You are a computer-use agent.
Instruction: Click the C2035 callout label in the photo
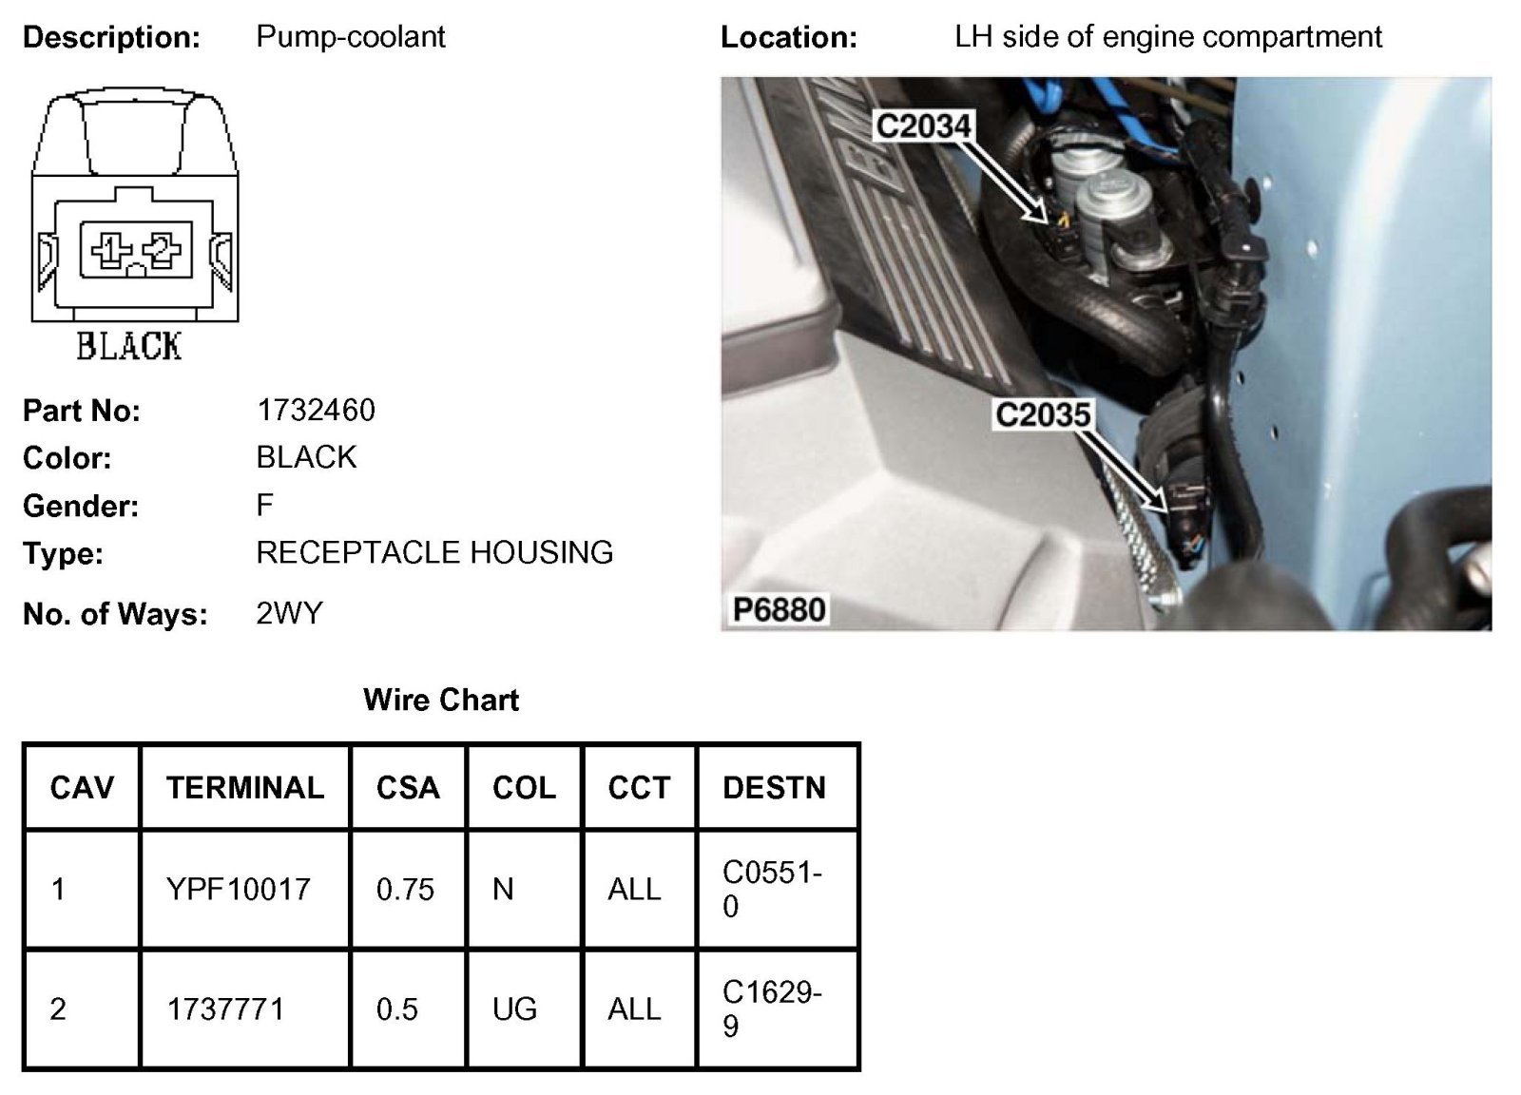(x=1043, y=414)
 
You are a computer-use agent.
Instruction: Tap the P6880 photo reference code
(x=779, y=609)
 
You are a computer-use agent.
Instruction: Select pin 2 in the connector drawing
(x=162, y=249)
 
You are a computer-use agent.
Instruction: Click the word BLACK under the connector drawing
(x=129, y=346)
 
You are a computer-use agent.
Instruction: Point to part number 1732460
(x=316, y=410)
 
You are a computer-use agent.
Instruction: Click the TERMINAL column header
(x=245, y=787)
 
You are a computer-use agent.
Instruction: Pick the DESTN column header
(x=774, y=787)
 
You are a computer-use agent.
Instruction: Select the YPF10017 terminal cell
(x=239, y=889)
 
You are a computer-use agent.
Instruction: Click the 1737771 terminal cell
(x=225, y=1009)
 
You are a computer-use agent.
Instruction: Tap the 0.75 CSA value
(x=405, y=889)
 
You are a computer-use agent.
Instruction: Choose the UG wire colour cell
(x=514, y=1009)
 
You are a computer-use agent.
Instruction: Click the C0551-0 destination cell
(x=772, y=889)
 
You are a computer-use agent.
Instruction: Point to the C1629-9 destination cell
(x=772, y=1009)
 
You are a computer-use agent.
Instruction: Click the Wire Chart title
(x=441, y=700)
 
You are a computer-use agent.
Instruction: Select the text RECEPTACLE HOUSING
(x=434, y=552)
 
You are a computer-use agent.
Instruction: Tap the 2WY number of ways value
(x=289, y=613)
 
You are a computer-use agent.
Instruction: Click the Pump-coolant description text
(x=350, y=37)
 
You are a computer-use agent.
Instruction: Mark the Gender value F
(x=264, y=505)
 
